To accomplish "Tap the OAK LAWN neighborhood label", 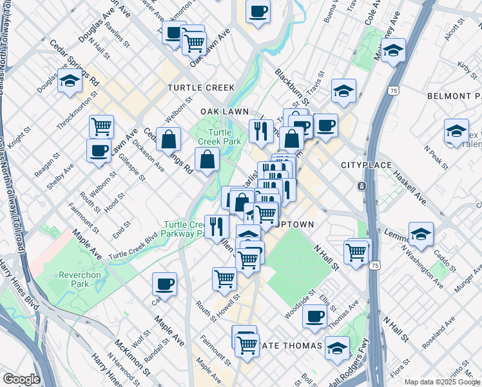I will point(224,112).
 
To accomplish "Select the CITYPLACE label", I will point(366,166).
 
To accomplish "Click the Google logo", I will point(21,379).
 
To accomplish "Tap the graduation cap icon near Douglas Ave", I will point(70,81).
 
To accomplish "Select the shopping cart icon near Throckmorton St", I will point(101,126).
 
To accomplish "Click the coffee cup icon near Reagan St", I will point(99,151).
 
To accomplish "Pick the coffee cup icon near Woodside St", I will point(314,316).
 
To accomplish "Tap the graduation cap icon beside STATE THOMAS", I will point(337,348).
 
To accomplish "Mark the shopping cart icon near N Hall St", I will point(356,252).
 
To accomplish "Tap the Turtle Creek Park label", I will point(209,137).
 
